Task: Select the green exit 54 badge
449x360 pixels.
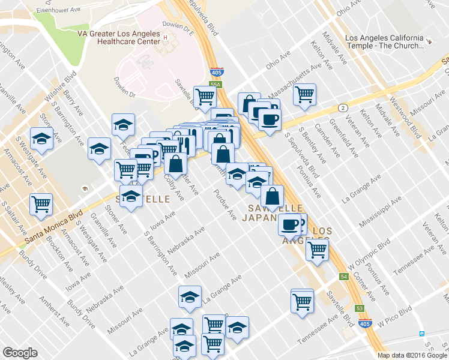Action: pyautogui.click(x=343, y=277)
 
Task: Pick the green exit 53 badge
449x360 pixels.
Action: pyautogui.click(x=360, y=307)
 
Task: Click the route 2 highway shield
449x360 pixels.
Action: pyautogui.click(x=342, y=107)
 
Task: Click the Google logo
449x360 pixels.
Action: pyautogui.click(x=20, y=353)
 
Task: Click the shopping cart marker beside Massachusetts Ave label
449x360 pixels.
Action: pyautogui.click(x=304, y=94)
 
